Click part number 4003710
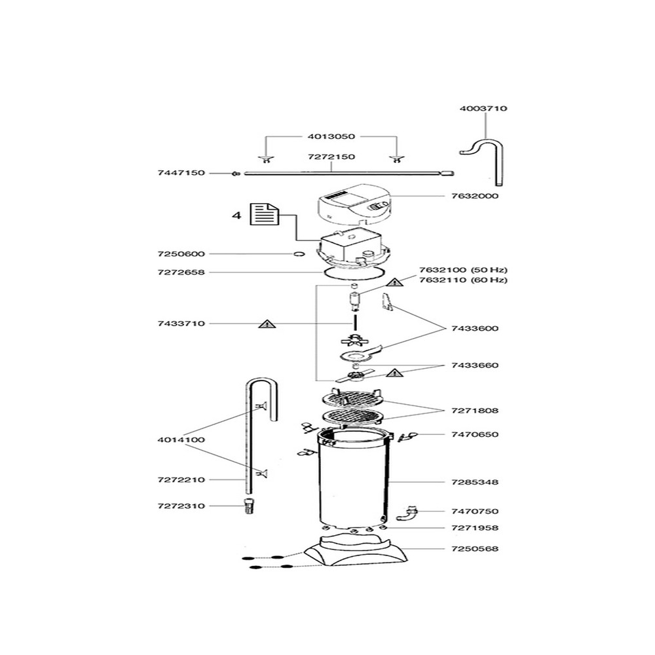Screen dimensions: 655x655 [483, 109]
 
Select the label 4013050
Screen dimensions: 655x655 [331, 137]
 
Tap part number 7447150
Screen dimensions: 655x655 [181, 173]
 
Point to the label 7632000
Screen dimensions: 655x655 [475, 196]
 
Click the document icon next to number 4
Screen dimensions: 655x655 [265, 214]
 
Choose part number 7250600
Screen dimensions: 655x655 [181, 254]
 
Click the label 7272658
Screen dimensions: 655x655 [181, 272]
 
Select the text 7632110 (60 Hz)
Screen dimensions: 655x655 [463, 280]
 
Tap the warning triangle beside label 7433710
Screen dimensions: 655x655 [267, 324]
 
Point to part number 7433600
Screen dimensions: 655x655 [475, 328]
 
